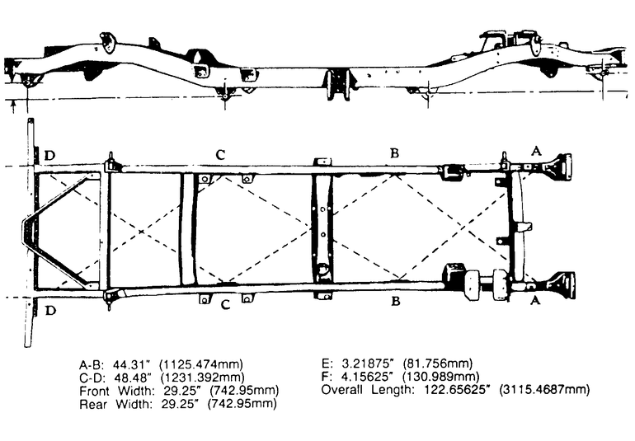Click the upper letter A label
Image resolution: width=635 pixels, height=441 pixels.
click(x=536, y=151)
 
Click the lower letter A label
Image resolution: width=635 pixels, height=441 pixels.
click(x=535, y=300)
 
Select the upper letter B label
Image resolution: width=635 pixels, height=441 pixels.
click(x=394, y=153)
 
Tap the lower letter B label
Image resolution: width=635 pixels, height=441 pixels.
click(x=396, y=302)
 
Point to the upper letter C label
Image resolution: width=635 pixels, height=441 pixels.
click(x=220, y=154)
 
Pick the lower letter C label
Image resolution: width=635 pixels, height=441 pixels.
click(x=226, y=304)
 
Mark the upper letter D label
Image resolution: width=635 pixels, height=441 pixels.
click(x=49, y=156)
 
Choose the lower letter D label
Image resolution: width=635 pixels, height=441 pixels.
click(x=50, y=311)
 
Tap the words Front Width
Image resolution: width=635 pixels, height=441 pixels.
click(x=116, y=391)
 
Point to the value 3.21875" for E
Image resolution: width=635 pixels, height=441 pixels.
click(x=362, y=364)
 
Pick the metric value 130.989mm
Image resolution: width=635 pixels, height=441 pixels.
click(x=441, y=377)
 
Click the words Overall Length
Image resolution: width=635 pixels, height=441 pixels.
click(x=368, y=390)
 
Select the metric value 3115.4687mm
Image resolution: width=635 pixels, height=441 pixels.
click(x=544, y=390)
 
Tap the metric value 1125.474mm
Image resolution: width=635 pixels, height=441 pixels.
click(x=201, y=364)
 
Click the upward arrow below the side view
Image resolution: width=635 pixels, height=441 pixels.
click(x=13, y=106)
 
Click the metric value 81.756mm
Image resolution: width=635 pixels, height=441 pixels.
click(x=438, y=364)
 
